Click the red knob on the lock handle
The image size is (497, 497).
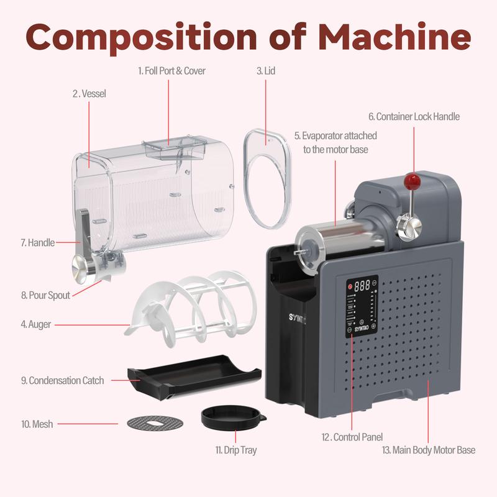click(x=410, y=181)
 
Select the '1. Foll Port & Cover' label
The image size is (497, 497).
click(x=171, y=71)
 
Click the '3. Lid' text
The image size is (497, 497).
click(x=266, y=71)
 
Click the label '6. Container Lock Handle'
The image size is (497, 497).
click(x=414, y=116)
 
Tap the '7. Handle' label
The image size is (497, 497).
click(x=37, y=243)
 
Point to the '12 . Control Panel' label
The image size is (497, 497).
click(x=352, y=437)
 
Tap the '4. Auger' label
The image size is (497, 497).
click(x=36, y=324)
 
